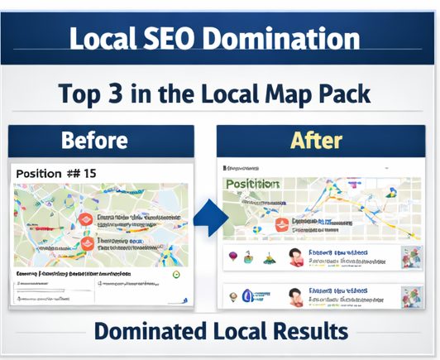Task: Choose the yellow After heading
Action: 317,139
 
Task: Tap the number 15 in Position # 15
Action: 88,174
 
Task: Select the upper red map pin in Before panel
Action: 85,217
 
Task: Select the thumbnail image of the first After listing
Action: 410,257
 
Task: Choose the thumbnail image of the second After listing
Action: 410,296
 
